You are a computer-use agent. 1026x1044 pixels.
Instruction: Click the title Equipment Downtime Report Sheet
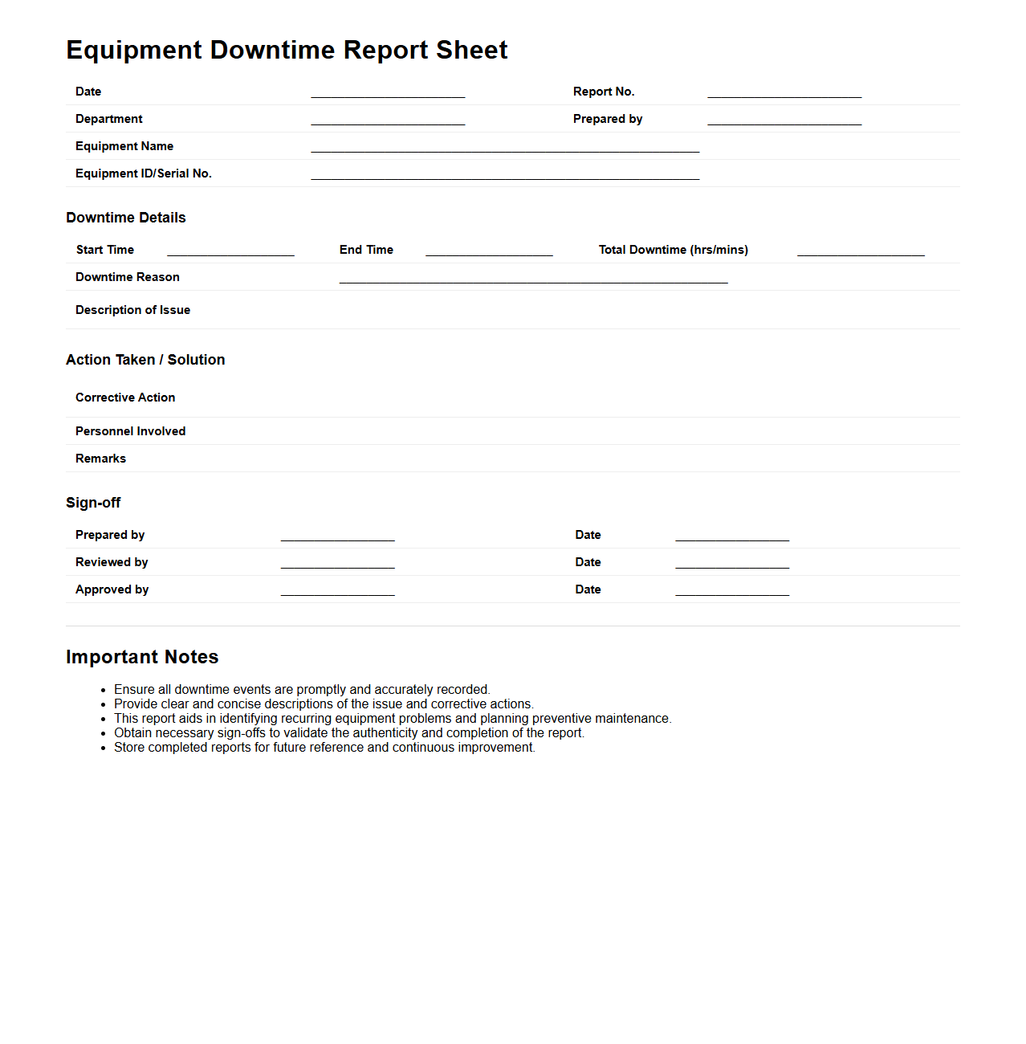[x=287, y=50]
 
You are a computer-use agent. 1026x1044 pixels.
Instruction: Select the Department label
[x=109, y=119]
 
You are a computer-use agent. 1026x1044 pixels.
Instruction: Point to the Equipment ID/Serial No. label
[x=144, y=173]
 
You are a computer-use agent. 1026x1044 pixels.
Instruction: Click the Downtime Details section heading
[x=126, y=218]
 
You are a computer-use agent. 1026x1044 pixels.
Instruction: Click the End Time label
[x=366, y=250]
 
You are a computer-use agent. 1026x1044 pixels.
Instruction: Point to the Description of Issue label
[x=133, y=310]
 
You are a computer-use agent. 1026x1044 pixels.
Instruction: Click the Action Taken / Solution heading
[x=145, y=360]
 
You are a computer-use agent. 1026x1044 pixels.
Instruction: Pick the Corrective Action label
[x=125, y=398]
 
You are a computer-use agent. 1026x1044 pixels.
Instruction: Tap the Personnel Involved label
[x=131, y=431]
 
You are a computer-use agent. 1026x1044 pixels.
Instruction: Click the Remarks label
[x=101, y=459]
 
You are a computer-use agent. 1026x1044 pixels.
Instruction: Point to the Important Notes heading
[x=142, y=657]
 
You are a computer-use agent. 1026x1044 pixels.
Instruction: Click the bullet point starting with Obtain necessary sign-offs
[x=349, y=732]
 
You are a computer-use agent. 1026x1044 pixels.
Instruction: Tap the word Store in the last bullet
[x=129, y=747]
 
